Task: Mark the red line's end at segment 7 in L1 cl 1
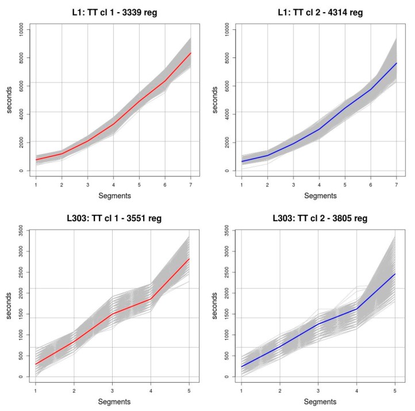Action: click(190, 53)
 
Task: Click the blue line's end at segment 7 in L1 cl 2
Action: click(396, 63)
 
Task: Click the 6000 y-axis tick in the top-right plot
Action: click(226, 84)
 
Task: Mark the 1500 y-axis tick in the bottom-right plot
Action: click(226, 316)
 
